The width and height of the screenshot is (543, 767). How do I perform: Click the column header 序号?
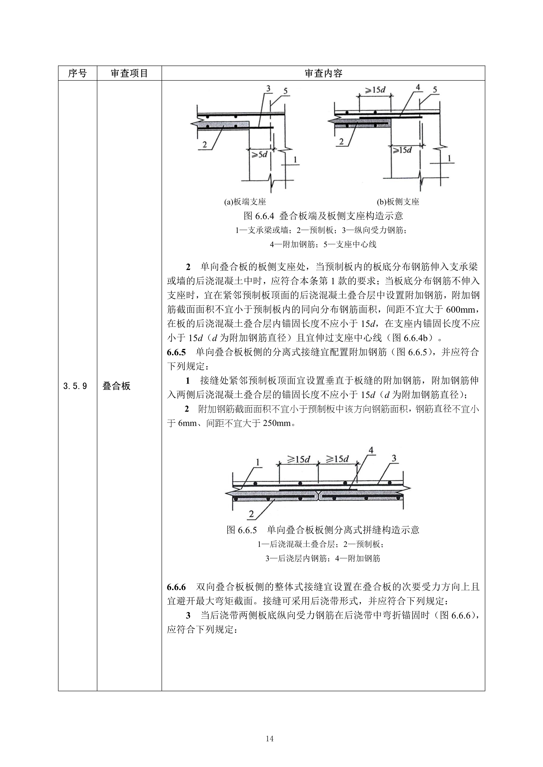77,73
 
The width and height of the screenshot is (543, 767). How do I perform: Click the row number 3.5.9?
75,386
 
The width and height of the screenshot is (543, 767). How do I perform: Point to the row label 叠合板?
116,386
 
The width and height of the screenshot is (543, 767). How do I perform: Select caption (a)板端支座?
245,202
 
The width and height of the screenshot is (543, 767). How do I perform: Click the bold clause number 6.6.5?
176,352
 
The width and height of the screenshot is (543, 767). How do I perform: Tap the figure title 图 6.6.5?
323,530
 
